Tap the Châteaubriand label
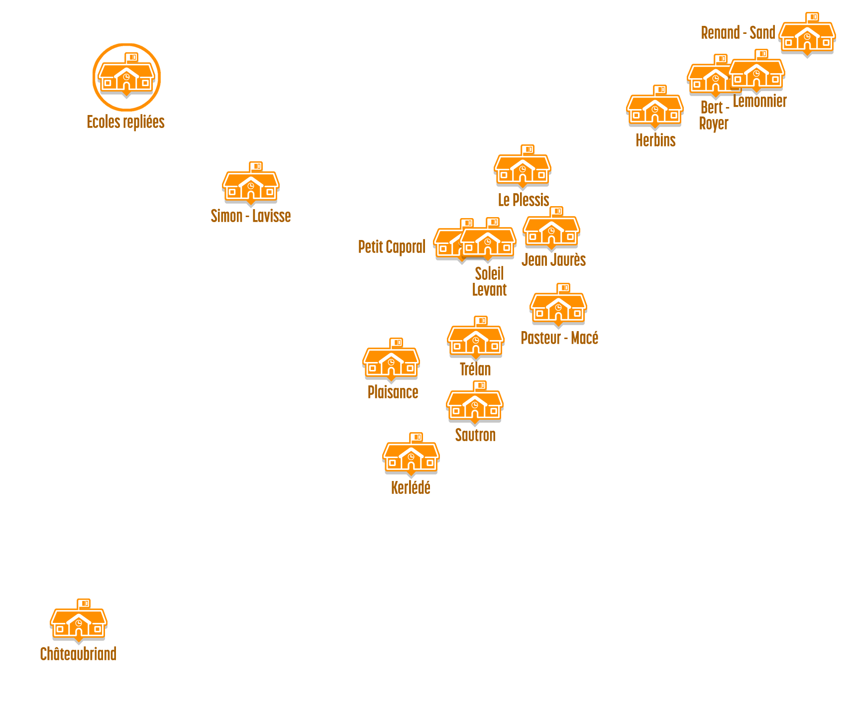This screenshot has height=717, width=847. (x=78, y=654)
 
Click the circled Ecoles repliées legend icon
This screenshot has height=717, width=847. (x=126, y=77)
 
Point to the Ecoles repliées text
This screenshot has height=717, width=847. (x=125, y=122)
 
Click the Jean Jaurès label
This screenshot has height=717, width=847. (x=553, y=259)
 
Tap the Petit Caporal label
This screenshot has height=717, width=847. (x=392, y=246)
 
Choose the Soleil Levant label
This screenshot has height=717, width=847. (x=489, y=281)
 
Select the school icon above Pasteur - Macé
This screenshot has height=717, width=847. (x=558, y=307)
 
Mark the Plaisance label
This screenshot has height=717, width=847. (x=393, y=392)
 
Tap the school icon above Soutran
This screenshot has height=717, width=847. (x=475, y=404)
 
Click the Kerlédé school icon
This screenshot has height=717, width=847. (x=411, y=456)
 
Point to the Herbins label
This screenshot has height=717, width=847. (x=655, y=140)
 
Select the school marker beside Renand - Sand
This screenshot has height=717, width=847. (x=807, y=36)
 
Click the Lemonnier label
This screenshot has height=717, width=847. (x=759, y=101)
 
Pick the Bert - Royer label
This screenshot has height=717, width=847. (x=714, y=116)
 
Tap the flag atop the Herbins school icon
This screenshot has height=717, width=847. (x=660, y=90)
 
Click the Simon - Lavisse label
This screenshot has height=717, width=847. (x=250, y=216)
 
